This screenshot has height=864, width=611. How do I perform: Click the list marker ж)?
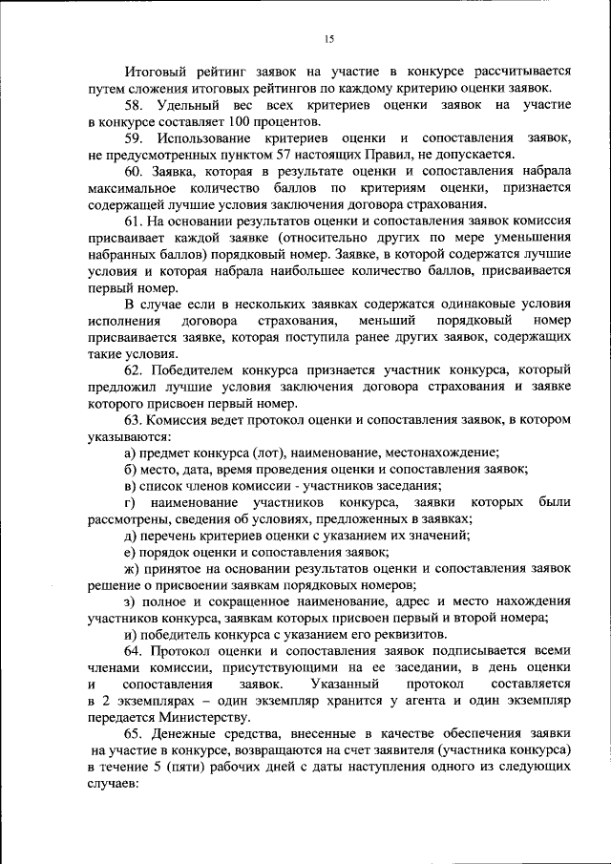click(132, 568)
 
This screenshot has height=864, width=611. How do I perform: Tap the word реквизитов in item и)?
click(406, 635)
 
